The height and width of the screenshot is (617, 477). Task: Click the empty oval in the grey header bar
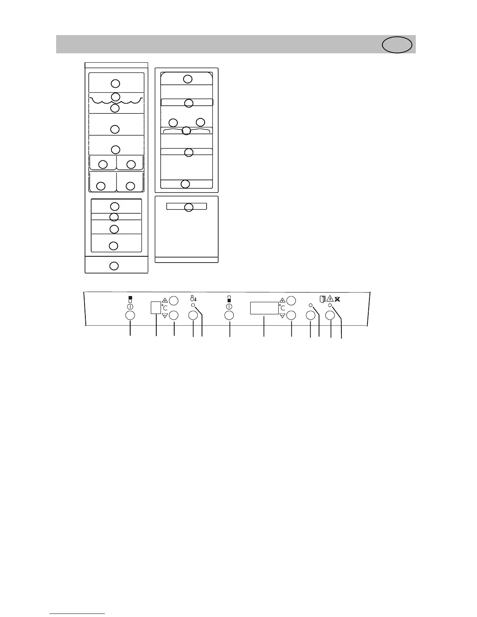[397, 45]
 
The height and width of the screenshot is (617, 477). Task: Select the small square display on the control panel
[156, 308]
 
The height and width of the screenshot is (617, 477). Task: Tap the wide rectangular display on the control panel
[264, 308]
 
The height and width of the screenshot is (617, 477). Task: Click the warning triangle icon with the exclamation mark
[330, 299]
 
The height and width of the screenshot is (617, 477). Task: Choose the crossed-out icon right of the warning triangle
[338, 299]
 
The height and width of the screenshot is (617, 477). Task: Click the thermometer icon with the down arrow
[193, 299]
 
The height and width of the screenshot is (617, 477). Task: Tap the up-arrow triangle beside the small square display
[165, 300]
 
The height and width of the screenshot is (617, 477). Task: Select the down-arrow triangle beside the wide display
[283, 315]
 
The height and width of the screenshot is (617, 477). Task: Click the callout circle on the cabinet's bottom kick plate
[114, 266]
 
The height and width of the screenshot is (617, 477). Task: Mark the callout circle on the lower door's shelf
[189, 207]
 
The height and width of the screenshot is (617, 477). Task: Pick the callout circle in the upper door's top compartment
[188, 79]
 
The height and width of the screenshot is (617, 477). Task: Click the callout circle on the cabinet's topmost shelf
[115, 83]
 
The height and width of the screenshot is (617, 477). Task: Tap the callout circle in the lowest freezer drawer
[113, 245]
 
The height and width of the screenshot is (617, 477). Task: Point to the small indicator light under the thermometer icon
[193, 306]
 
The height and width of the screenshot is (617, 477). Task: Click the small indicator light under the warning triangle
[330, 306]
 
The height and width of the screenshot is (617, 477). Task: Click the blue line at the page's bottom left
[77, 614]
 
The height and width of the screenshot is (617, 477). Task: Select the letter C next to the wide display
[283, 308]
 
